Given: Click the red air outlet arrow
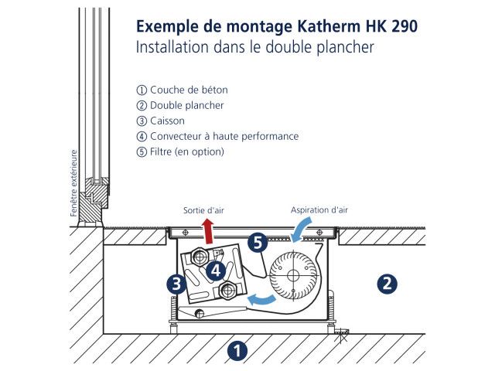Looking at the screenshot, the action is pos(208,232).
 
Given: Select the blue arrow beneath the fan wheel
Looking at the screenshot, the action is pos(261,299).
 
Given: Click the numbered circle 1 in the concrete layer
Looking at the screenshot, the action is pos(237,350).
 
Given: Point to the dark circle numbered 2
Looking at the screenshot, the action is pos(387,284).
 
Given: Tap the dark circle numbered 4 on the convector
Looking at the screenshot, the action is pos(217,271).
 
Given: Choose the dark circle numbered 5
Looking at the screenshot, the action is pos(258,243).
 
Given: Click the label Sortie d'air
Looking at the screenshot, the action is pos(203,210).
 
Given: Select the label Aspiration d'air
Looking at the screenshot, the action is pos(319,210).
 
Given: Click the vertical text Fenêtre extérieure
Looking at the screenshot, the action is pos(74,183).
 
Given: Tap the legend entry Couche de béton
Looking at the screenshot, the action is pos(189,90).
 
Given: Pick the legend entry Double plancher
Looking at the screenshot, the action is pos(187,105).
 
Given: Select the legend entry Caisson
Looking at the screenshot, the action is pos(167,121).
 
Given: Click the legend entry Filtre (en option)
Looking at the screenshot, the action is pos(187,151).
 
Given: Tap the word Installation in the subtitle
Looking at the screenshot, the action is pos(172,47).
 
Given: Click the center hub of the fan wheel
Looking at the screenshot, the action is pos(293,275).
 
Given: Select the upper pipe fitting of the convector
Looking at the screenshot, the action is pos(200,257).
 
